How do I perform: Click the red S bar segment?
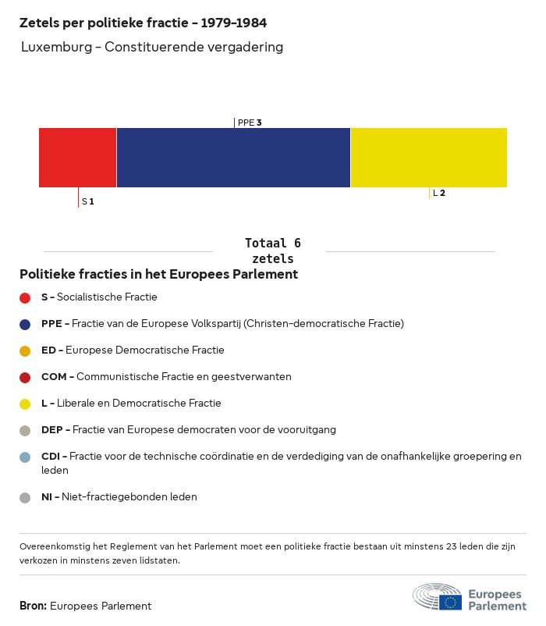77,158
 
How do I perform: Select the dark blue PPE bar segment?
233,158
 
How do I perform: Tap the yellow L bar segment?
428,158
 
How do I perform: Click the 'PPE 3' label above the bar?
250,123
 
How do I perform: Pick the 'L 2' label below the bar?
439,193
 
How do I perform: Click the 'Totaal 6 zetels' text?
273,251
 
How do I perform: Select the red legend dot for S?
25,297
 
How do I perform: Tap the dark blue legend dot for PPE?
25,324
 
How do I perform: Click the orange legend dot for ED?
25,350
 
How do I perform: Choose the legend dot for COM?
25,377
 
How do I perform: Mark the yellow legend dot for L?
25,404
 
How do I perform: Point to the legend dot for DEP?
25,430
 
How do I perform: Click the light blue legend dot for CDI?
25,457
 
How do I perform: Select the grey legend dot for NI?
25,497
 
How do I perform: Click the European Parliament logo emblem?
438,597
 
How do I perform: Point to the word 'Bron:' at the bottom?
34,606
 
